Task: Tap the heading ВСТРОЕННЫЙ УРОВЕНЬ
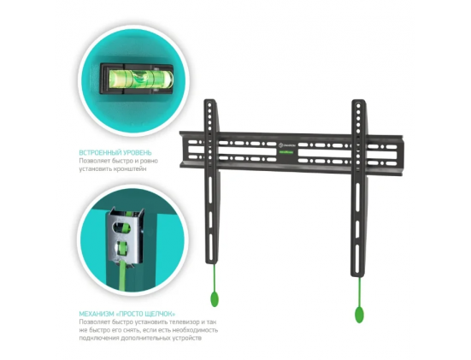coord(115,153)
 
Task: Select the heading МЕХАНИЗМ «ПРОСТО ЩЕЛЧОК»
coord(127,314)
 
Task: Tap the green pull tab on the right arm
coord(359,315)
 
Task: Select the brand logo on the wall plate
coord(287,145)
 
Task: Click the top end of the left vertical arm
coord(209,100)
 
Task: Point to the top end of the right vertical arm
coord(358,100)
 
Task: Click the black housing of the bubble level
coord(137,79)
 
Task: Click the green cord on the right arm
coord(359,292)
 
